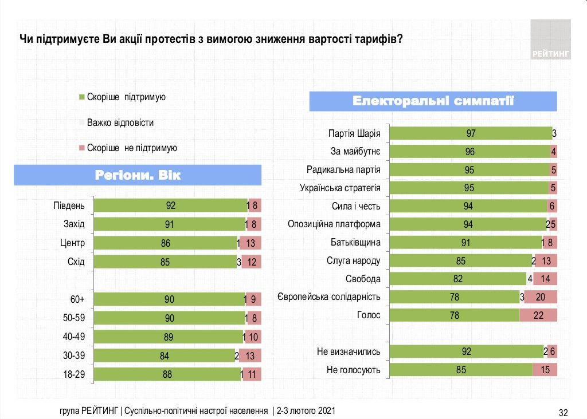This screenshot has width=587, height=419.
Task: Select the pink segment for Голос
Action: click(538, 315)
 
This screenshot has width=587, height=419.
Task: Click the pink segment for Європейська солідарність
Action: click(541, 297)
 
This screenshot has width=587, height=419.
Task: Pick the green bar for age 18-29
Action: click(167, 374)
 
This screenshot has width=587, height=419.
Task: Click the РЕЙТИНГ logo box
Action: click(550, 39)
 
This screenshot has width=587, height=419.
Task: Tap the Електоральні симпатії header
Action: click(433, 101)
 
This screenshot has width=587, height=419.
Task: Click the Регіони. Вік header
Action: click(138, 175)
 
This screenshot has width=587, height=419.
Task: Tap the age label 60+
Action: click(77, 299)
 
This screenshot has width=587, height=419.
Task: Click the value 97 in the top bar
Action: click(471, 133)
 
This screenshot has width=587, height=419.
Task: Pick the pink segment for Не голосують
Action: click(545, 370)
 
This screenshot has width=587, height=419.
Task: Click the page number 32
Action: click(563, 412)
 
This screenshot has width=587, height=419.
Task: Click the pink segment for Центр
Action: click(251, 243)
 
